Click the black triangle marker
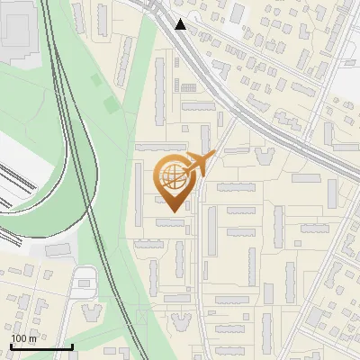182,24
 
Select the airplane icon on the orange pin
197,165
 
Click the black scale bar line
41,346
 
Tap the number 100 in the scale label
18,337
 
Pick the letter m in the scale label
31,337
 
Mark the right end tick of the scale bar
72,345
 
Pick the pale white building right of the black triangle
238,13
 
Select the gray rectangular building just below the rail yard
58,249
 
